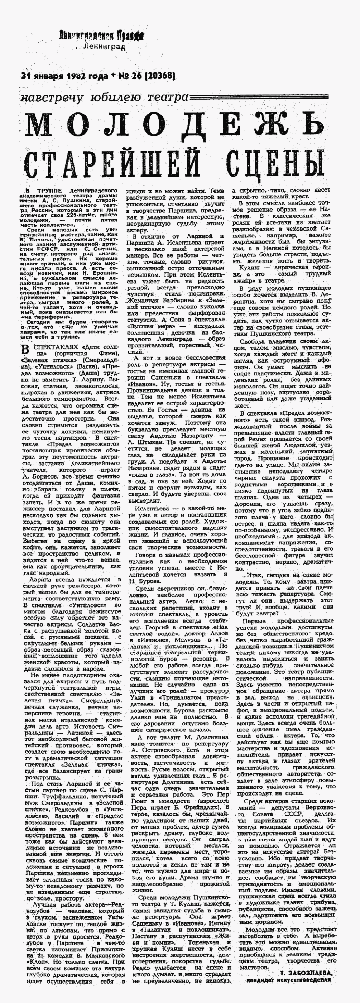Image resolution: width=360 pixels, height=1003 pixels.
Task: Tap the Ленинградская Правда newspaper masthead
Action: coord(102,37)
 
